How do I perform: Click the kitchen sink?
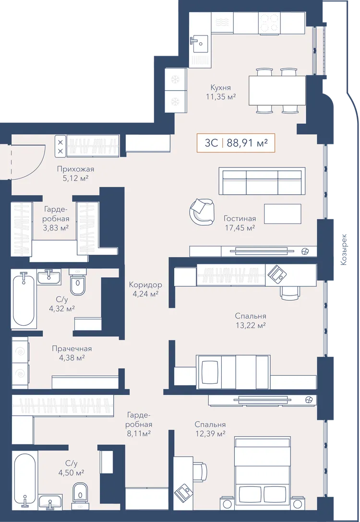199,43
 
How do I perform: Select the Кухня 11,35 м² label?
221,92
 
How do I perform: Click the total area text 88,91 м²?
247,143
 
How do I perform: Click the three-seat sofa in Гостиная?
262,181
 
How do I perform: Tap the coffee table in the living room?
283,214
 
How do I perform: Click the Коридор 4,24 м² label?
145,289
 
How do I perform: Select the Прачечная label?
72,348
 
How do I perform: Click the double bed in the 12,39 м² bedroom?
262,472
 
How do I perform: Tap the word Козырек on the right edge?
344,249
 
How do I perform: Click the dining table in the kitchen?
277,91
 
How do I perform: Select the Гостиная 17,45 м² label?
240,223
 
